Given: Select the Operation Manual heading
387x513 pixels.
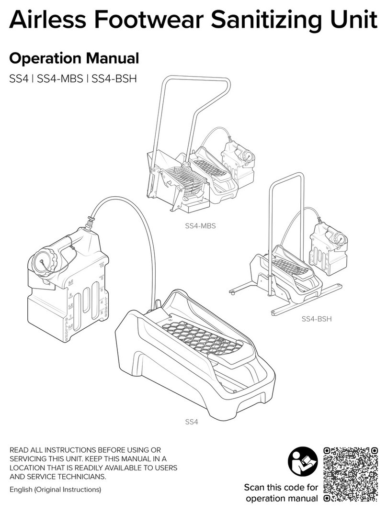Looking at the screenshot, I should (x=74, y=58).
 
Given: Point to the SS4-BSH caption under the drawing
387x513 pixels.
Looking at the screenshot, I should (x=317, y=319).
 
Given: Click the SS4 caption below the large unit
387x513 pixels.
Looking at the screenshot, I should (x=192, y=422).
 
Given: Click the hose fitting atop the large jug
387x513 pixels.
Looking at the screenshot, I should (x=90, y=223).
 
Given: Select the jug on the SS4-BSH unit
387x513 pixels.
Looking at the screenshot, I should (x=328, y=246).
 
